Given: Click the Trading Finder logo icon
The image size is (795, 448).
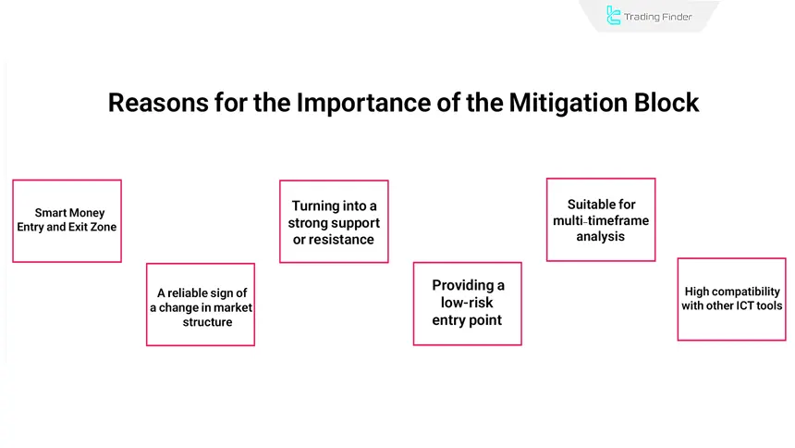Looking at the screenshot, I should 613,16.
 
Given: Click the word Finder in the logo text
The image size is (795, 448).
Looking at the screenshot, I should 672,17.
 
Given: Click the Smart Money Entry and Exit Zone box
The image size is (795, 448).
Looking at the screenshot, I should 67,220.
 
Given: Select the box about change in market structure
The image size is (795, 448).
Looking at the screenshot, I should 200,305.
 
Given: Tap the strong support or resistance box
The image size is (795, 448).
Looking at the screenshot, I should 334,221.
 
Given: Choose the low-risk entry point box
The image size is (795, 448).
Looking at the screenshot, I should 467,303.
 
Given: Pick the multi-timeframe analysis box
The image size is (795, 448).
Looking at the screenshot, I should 601,219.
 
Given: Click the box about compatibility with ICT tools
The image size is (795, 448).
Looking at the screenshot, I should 731,299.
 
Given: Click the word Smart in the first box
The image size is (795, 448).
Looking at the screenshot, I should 52,213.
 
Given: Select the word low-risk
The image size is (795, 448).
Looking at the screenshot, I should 467,303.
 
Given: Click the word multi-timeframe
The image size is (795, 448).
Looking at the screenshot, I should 601,220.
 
